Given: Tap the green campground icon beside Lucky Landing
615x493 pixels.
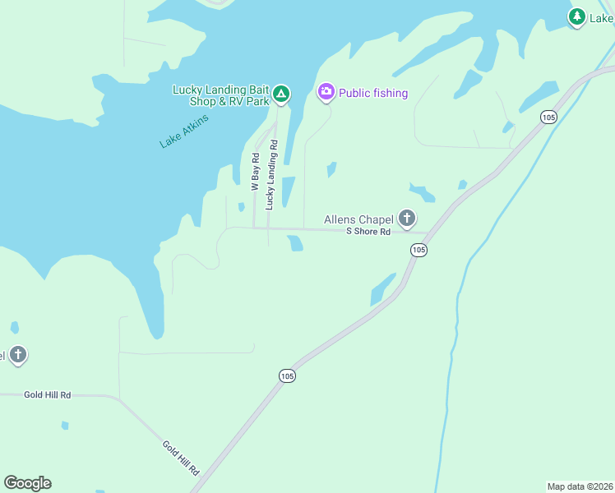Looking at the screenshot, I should pos(281,94).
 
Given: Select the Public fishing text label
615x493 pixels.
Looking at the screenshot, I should pos(373,93).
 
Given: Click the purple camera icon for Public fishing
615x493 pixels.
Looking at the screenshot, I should pos(326,92).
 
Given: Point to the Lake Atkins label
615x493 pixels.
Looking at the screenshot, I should pos(184,131).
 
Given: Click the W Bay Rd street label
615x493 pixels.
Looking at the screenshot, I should pos(256,172).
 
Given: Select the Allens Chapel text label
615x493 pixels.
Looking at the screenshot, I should pos(358,219).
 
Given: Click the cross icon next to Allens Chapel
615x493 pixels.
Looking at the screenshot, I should pos(406,219).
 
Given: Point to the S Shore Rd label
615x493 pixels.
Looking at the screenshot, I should pos(368,232).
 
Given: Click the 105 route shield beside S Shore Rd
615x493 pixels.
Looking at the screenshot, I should pos(418,249).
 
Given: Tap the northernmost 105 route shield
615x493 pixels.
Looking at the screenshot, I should pos(548,117).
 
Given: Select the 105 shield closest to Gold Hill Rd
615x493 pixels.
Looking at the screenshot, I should pos(286,376).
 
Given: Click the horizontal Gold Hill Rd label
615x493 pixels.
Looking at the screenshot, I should pos(47,395).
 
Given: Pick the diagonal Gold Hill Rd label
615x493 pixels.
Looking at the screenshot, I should pos(181,458).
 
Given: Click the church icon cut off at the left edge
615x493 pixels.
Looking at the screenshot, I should pos(17,355).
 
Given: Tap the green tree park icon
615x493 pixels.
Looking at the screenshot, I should pos(577,16).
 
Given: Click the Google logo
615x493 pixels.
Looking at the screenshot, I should pos(27,483).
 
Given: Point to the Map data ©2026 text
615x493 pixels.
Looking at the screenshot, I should pos(580,486).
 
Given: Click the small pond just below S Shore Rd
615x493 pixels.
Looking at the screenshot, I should pos(295,243).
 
